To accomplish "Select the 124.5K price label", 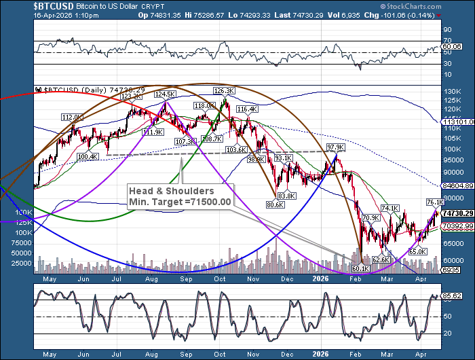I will click(164, 94).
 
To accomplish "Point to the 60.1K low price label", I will click(360, 269).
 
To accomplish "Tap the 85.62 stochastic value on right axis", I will click(451, 297).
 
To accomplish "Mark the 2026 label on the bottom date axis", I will click(322, 353).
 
